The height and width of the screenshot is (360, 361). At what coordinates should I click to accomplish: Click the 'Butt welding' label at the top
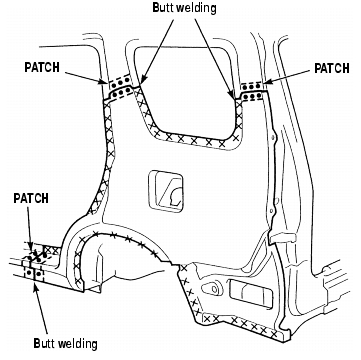point(184,8)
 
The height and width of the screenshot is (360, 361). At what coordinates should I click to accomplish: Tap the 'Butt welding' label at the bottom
point(65,343)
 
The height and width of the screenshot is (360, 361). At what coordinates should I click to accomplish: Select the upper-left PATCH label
point(42,67)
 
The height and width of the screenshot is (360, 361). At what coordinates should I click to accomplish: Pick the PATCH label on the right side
point(332,68)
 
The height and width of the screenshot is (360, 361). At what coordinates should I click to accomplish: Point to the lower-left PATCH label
point(31,198)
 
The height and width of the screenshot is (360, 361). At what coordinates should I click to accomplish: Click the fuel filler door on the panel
point(166,191)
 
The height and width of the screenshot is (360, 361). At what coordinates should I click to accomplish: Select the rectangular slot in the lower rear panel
point(251,293)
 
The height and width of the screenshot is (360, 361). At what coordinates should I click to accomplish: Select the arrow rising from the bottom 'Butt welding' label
point(41,309)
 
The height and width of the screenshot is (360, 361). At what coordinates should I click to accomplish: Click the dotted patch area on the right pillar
point(252,92)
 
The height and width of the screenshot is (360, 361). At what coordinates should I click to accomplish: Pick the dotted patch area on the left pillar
point(120,88)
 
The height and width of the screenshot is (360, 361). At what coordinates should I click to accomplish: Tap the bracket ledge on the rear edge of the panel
point(283,237)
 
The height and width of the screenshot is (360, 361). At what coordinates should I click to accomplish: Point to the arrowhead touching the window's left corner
point(142,81)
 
